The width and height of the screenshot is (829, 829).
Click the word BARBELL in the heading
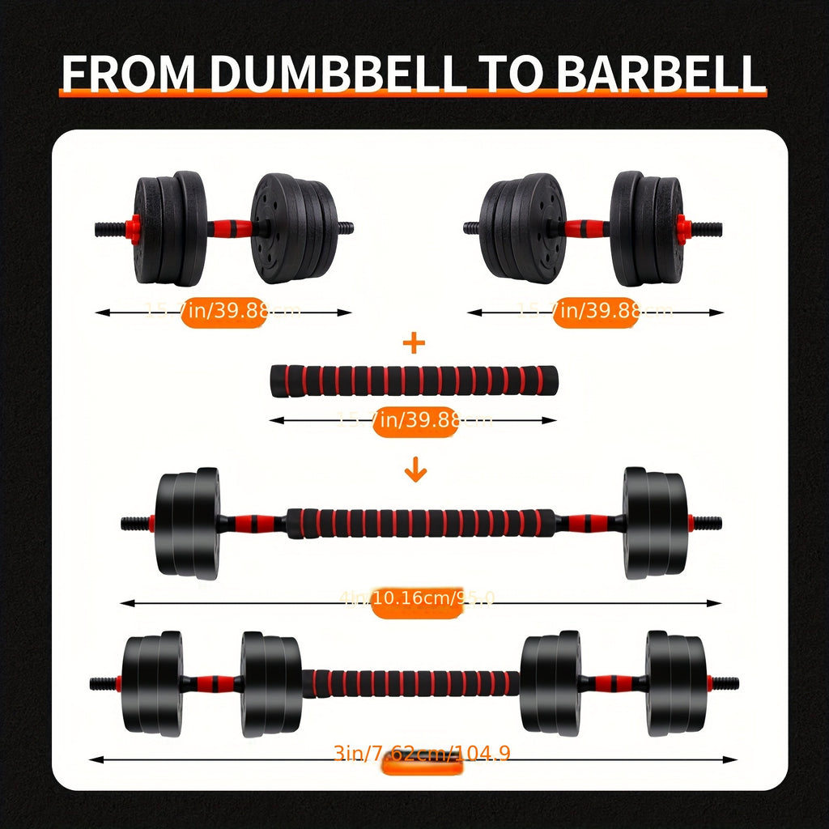point(660,74)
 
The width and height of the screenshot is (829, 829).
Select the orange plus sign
point(414,343)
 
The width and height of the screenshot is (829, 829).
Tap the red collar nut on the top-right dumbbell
point(684,229)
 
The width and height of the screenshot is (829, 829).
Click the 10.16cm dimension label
point(416,601)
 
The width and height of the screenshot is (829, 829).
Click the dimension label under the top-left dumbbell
point(223,312)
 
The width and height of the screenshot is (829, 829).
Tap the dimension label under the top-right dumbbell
point(596,312)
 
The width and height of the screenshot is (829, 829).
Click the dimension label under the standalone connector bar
point(414,420)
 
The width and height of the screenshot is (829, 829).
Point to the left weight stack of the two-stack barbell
point(187,523)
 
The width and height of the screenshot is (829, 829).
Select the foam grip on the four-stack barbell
point(411,682)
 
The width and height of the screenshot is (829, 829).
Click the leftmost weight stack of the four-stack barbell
point(151,683)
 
